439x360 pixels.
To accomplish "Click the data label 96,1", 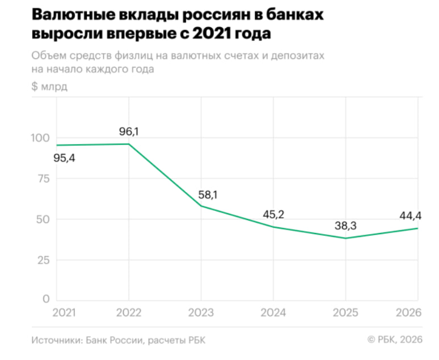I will [129, 132].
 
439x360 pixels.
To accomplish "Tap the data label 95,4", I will [64, 158].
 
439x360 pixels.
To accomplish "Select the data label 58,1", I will [208, 195].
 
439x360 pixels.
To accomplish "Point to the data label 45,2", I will [273, 215].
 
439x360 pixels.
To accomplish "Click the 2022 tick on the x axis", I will [129, 313].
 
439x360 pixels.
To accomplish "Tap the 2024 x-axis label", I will [273, 313].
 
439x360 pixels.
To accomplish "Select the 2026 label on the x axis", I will [407, 313].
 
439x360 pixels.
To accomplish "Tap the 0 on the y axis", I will [47, 299].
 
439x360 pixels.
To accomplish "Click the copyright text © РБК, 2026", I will [395, 340].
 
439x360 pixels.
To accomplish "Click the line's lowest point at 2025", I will [345, 238].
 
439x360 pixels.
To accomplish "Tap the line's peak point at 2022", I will [129, 144].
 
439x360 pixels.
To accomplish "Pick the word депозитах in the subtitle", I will [298, 56].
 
